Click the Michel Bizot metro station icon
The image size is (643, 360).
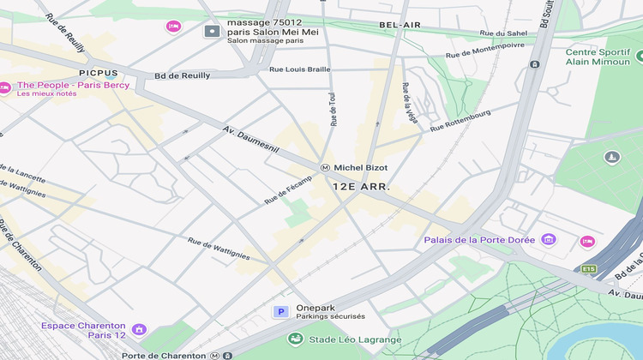(325, 167)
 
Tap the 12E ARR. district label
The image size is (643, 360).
(361, 186)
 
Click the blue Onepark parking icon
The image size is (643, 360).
(280, 312)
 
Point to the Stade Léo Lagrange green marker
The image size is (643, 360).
(296, 339)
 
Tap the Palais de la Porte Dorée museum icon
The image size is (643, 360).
(549, 239)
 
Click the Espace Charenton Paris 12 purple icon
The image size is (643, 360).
(139, 329)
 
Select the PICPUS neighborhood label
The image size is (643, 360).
(98, 74)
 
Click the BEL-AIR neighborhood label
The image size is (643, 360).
(400, 26)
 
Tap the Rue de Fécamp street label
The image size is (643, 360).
(289, 194)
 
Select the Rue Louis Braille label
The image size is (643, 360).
(300, 69)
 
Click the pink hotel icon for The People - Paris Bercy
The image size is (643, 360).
(4, 87)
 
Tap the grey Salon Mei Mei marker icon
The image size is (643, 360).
(212, 32)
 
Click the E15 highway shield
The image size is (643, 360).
(588, 269)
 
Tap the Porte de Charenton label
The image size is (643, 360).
(164, 355)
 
